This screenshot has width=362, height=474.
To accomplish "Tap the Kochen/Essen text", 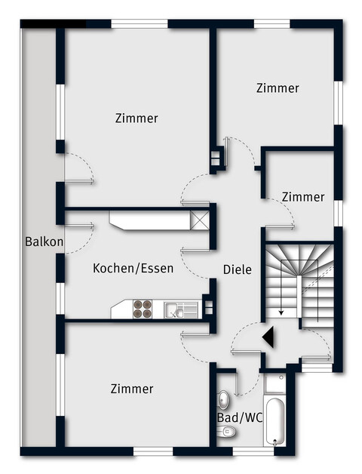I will click(x=133, y=268).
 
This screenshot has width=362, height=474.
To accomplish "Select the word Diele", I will click(x=237, y=269).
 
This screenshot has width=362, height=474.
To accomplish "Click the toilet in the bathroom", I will click(x=225, y=431).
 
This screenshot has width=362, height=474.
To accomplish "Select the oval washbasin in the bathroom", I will click(x=224, y=399).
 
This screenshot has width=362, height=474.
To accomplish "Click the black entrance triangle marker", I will click(x=267, y=337).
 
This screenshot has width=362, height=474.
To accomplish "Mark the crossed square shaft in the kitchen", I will click(x=200, y=220).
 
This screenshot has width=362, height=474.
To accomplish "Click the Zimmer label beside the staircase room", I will click(x=303, y=197).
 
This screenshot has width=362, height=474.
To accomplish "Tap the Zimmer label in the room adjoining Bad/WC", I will click(x=132, y=389).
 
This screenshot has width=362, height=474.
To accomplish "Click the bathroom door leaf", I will click(x=238, y=383).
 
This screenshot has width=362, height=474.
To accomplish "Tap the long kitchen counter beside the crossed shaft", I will click(x=150, y=220).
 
